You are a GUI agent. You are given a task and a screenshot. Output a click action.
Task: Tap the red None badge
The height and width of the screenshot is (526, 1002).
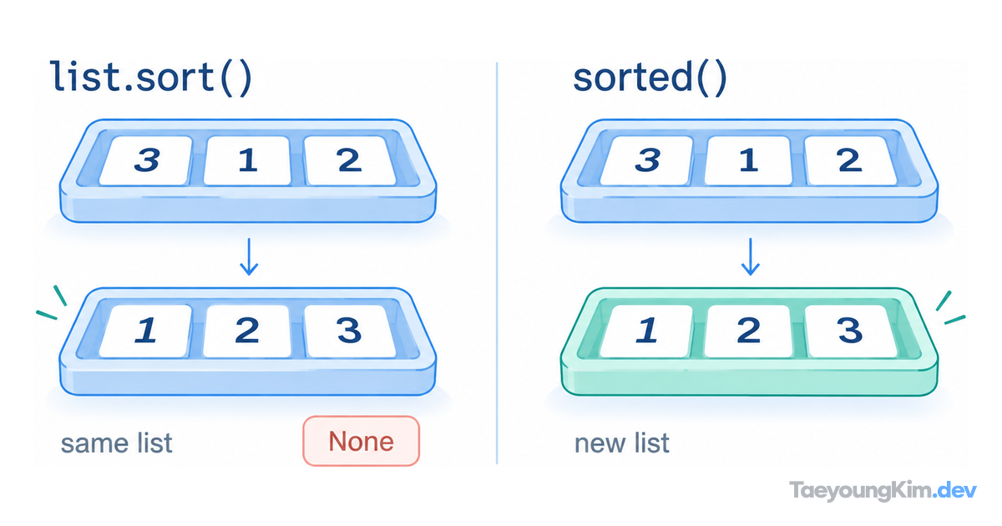coord(362,441)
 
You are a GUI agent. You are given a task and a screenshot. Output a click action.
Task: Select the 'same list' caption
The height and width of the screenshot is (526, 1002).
coord(116,443)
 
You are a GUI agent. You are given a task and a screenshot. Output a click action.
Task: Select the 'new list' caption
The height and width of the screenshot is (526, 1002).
coord(622,443)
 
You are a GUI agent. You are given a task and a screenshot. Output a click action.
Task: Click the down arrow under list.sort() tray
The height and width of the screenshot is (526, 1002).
coord(249,256)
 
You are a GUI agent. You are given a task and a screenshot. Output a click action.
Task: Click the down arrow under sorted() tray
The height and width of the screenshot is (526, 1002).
coord(750,256)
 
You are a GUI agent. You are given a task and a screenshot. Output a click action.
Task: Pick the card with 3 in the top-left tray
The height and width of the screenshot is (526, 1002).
coord(146,160)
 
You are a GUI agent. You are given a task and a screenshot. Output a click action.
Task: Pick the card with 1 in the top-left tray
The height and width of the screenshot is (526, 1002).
coord(247,160)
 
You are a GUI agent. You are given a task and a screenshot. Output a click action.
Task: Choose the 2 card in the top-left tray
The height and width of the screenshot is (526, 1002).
coord(349,160)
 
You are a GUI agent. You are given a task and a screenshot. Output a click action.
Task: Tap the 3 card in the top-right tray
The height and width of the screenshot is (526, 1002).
coord(647,160)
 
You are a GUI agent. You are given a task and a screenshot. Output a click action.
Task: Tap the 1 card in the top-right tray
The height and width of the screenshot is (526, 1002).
coord(748,160)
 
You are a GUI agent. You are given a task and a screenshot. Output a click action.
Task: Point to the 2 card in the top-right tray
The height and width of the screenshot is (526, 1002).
coord(850,160)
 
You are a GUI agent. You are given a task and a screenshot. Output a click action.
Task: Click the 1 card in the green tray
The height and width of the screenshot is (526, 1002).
coord(647,331)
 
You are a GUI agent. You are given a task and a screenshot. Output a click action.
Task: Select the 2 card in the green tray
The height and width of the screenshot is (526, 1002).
coord(748,331)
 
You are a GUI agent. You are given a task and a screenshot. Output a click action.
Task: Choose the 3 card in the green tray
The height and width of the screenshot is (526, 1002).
coord(850,331)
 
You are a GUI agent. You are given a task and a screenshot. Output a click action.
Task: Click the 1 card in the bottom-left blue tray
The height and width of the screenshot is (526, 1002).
coord(146,331)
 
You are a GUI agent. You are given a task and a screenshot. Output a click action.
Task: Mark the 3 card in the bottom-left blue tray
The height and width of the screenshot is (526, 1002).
coord(349,331)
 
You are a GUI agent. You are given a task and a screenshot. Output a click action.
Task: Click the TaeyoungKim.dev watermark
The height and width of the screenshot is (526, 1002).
coord(883,490)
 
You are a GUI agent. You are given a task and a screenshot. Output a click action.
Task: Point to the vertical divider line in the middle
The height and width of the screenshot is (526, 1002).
coord(497,263)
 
